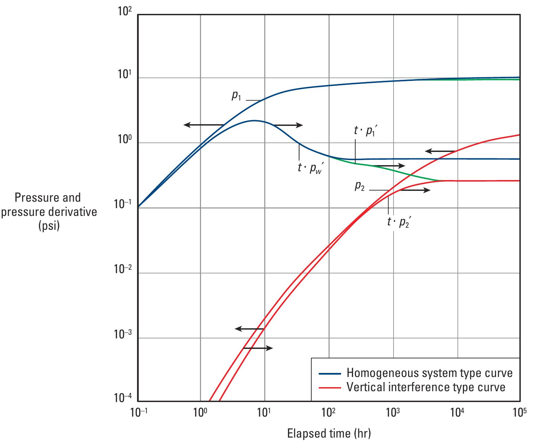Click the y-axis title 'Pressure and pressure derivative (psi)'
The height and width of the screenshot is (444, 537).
click(48, 212)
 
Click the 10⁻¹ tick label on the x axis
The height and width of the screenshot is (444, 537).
click(137, 413)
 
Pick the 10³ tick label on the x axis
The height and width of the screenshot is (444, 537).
click(393, 413)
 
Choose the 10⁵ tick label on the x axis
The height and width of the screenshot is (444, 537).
click(519, 413)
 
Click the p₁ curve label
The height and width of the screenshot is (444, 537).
click(236, 96)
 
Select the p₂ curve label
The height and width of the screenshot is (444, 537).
click(359, 186)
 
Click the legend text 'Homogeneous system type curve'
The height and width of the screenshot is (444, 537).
click(429, 373)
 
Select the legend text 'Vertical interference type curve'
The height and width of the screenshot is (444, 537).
click(426, 387)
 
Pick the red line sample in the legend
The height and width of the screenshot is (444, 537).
click(329, 387)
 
